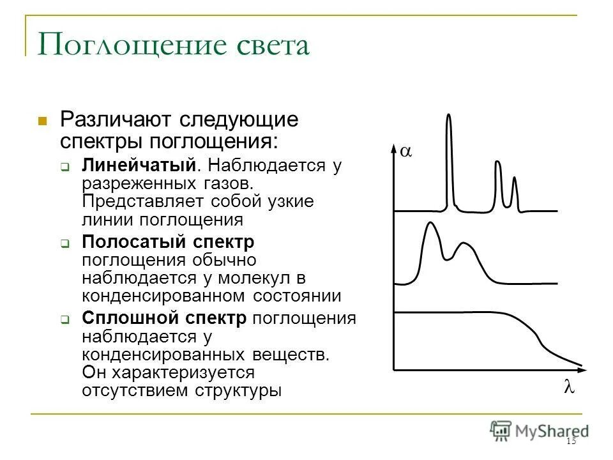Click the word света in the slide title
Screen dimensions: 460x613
(x=268, y=46)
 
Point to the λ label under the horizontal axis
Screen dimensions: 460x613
(x=569, y=388)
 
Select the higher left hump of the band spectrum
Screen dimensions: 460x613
(x=430, y=225)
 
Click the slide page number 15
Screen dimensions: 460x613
(x=571, y=442)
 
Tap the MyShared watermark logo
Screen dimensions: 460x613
(x=540, y=430)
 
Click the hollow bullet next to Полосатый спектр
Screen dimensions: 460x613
(x=65, y=243)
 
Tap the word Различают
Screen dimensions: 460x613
(x=115, y=119)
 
